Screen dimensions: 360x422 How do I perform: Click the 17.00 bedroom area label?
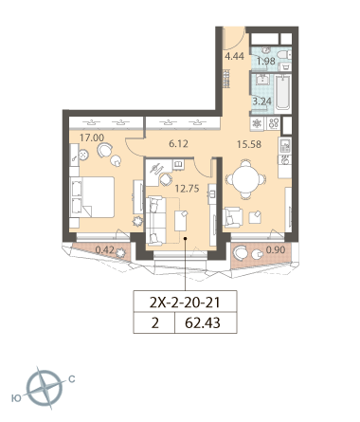[92, 138]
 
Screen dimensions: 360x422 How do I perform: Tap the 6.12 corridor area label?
[178, 144]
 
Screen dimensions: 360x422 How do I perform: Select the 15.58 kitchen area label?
[249, 144]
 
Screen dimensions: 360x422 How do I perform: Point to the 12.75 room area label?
[187, 189]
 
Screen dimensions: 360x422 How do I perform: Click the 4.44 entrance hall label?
[234, 56]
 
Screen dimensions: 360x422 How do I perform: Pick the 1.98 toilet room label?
[266, 61]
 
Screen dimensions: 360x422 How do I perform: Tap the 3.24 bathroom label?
[261, 101]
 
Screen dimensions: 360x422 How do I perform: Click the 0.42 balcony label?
[104, 250]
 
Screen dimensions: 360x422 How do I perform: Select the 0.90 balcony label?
[276, 250]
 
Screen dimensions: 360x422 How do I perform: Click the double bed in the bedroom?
[92, 197]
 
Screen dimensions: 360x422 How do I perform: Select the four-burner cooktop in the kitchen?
[274, 123]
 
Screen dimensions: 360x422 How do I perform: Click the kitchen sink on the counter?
[285, 145]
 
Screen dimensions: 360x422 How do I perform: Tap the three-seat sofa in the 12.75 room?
[155, 220]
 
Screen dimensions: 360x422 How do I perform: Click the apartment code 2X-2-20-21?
[185, 303]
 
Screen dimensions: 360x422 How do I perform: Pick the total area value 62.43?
[203, 323]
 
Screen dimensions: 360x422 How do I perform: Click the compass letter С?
[72, 378]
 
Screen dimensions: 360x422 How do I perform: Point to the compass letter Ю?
[16, 398]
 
